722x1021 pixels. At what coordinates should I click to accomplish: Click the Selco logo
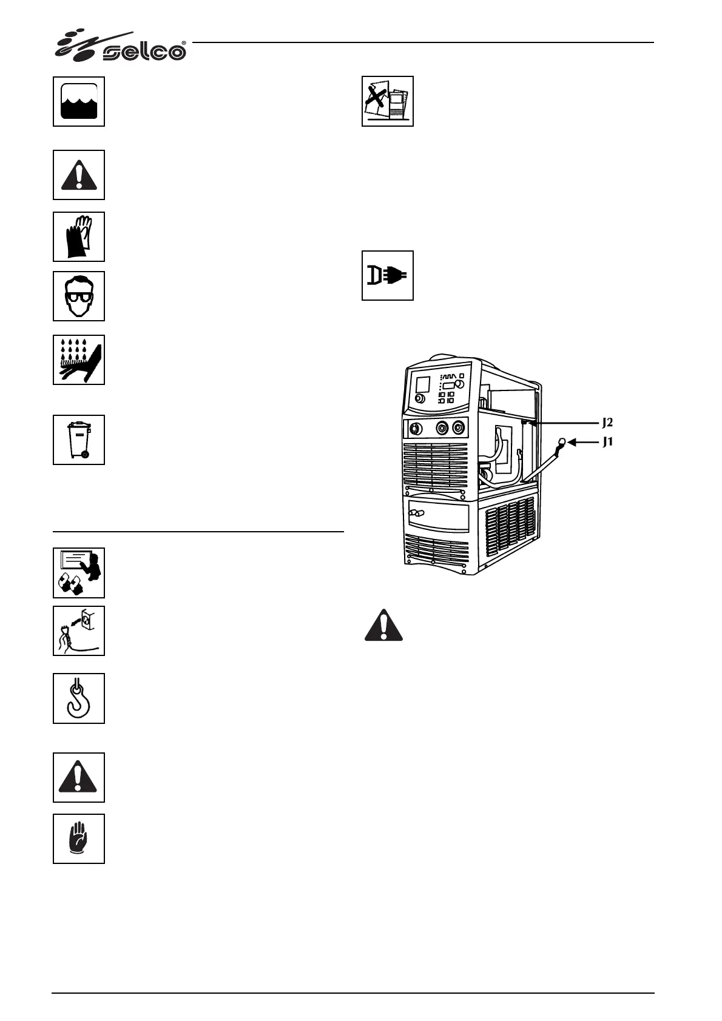click(x=121, y=46)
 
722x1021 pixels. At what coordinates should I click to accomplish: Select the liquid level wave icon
click(x=79, y=101)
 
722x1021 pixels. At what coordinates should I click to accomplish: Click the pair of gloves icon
click(x=79, y=236)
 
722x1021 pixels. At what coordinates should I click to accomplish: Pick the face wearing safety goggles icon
click(x=79, y=296)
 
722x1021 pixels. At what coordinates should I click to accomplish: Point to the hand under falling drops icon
click(x=79, y=360)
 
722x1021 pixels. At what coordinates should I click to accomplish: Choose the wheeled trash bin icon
click(x=79, y=440)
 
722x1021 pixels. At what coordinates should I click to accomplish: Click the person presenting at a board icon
click(x=79, y=572)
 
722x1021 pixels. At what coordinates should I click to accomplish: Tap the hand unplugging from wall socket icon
click(x=79, y=631)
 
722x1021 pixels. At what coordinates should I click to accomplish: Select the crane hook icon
click(x=79, y=698)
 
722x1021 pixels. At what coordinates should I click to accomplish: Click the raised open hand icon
click(x=79, y=839)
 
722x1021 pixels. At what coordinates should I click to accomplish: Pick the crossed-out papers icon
click(x=387, y=101)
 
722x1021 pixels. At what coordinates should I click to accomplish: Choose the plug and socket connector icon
click(x=387, y=275)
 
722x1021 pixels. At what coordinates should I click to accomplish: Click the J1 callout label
click(x=607, y=443)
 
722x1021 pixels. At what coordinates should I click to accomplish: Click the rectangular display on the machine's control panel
click(x=423, y=384)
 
